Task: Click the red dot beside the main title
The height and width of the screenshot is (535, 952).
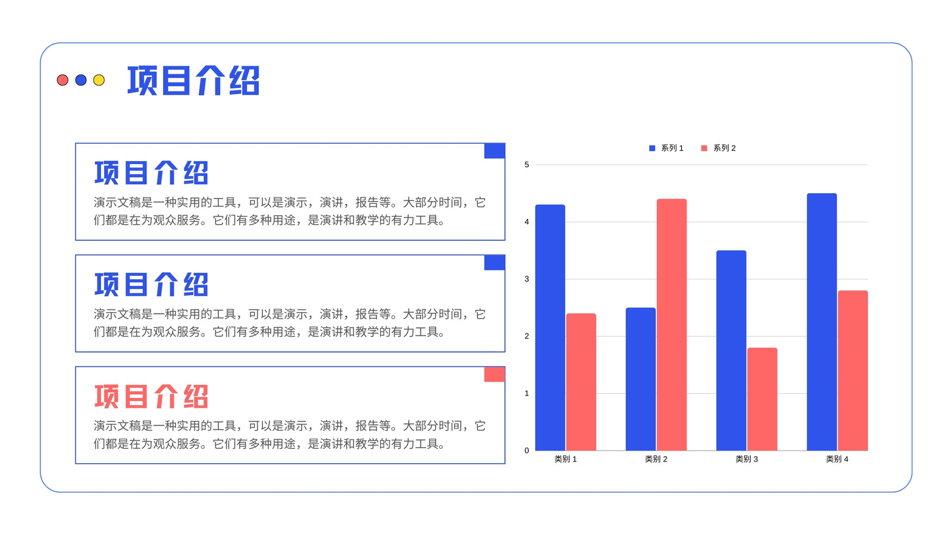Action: coord(62,80)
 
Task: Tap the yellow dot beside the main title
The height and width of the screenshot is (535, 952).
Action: coord(99,80)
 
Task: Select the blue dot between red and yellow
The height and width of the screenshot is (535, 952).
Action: coord(81,80)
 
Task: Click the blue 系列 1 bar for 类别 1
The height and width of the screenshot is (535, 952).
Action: coord(550,328)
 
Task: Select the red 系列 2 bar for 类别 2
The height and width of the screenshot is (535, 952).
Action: coord(672,325)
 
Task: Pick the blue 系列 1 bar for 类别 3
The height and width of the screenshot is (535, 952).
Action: coord(731,350)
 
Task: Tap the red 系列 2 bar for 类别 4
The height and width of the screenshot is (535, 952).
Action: coord(853,370)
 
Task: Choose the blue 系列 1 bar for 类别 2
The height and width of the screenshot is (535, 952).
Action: coord(640,379)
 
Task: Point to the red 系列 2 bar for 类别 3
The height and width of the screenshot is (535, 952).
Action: coord(762,399)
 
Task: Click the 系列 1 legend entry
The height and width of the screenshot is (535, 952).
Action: coord(666,148)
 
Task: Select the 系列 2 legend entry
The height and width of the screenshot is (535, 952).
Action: coord(718,148)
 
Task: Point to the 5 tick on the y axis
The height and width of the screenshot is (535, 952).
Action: coord(527,165)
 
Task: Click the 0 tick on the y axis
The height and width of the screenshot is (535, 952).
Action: coord(527,451)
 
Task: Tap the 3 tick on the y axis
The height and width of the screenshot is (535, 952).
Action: coord(527,279)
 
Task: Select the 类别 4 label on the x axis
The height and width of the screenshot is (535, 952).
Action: coord(837,459)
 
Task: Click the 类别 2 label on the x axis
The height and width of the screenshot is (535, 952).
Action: coord(656,459)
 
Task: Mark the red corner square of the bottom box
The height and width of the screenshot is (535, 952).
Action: coord(494,374)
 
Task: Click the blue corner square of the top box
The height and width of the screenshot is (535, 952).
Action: coord(494,151)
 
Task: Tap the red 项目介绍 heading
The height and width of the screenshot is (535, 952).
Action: coord(151,396)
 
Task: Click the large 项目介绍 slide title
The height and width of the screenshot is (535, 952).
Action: coord(193,80)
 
